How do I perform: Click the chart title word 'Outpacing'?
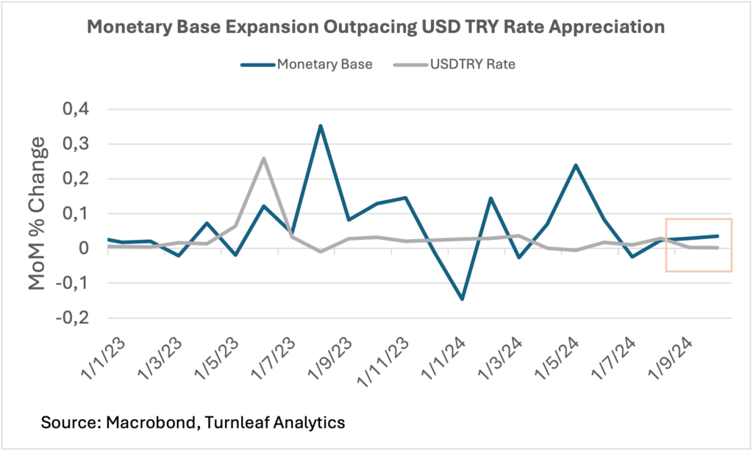point(368,27)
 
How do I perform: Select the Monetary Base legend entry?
point(307,64)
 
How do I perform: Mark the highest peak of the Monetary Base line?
point(320,126)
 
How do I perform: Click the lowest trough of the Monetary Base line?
point(463,299)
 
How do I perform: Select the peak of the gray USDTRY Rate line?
point(263,158)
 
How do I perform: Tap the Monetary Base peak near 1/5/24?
point(576,165)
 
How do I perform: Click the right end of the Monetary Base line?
point(718,236)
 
